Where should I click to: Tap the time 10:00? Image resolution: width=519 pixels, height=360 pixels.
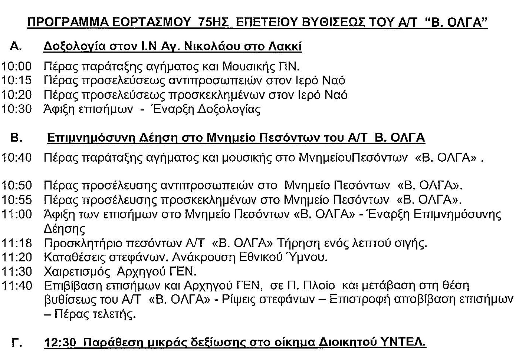pyautogui.click(x=17, y=66)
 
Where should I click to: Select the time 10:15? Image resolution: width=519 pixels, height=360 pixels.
pyautogui.click(x=17, y=80)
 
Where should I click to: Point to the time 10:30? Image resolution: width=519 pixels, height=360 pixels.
pyautogui.click(x=17, y=109)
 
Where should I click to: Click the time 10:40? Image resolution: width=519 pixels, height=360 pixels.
pyautogui.click(x=17, y=158)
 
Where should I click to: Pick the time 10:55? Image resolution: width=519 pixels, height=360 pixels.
pyautogui.click(x=17, y=200)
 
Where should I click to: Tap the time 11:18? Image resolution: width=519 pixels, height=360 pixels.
pyautogui.click(x=17, y=243)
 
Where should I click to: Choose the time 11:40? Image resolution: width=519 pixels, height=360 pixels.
pyautogui.click(x=17, y=286)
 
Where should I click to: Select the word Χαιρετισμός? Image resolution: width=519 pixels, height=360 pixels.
pyautogui.click(x=77, y=272)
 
